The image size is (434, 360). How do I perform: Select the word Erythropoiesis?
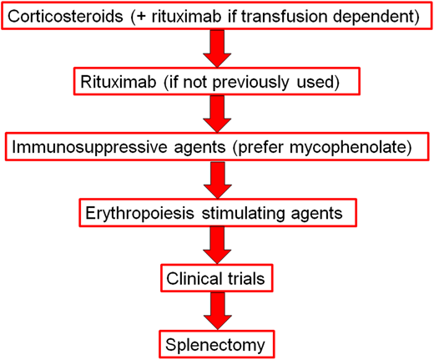coord(139,212)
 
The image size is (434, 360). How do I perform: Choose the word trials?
coord(250,276)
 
